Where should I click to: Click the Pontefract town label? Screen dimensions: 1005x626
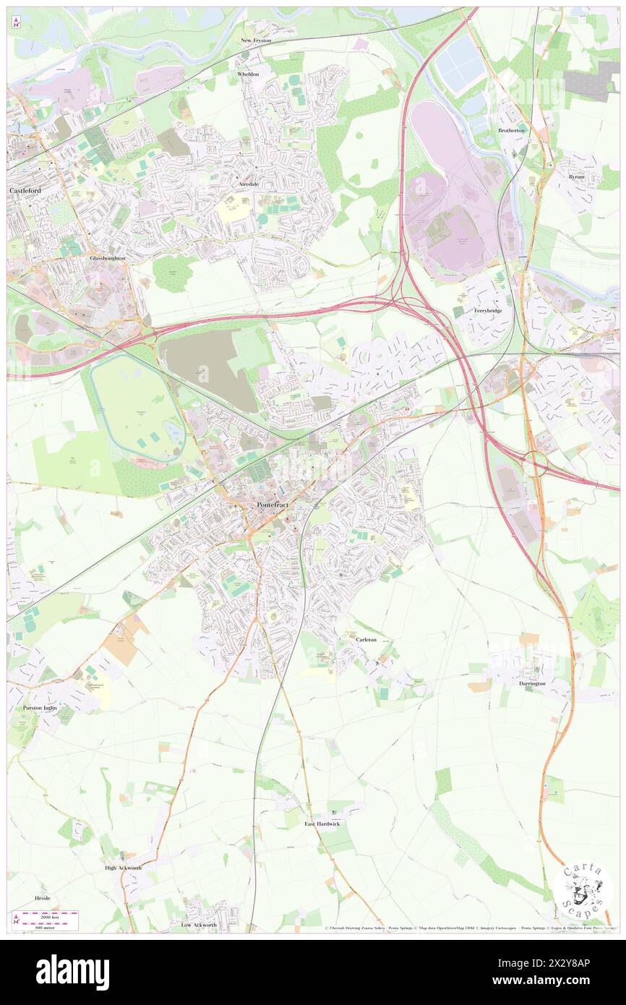275,505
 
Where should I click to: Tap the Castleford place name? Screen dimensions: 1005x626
25,190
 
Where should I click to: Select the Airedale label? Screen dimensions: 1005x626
249,184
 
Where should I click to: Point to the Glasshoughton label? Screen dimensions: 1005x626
108,257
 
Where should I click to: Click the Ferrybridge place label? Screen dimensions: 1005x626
488,310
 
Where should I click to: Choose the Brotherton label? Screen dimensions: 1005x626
512,130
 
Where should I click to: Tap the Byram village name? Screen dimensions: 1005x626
576,176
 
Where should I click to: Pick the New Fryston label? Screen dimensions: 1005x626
256,41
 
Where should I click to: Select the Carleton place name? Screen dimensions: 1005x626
366,640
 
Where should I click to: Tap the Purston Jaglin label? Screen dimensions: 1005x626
39,707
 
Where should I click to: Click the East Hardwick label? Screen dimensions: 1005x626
322,824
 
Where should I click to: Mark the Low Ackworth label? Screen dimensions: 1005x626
199,925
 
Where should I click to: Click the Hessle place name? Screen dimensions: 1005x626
43,897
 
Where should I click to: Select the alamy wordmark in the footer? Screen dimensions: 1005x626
72,972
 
